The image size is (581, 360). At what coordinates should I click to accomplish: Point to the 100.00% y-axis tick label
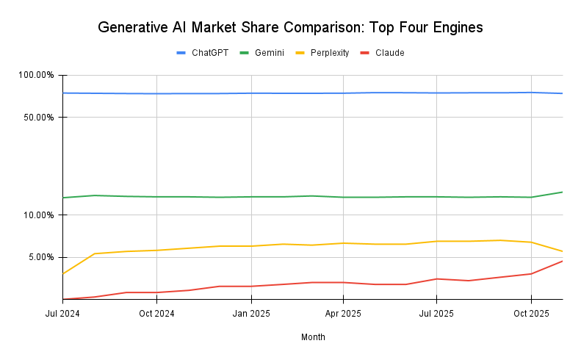(36, 75)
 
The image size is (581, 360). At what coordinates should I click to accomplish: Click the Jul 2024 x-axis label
(62, 314)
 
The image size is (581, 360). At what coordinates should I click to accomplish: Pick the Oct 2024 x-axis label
(156, 314)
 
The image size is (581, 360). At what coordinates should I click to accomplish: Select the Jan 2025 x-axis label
(251, 314)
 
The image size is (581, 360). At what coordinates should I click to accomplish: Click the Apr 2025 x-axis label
(343, 314)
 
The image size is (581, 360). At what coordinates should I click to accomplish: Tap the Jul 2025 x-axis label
(436, 314)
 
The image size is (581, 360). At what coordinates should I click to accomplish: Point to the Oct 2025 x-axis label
(531, 314)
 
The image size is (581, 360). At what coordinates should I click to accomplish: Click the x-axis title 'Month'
(313, 337)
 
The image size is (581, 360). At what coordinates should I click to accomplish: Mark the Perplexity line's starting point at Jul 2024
(63, 273)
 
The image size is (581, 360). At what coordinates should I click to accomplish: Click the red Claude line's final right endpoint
(562, 261)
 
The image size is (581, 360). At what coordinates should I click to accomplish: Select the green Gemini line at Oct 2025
(531, 197)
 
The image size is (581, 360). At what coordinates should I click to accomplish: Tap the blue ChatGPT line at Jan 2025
(251, 93)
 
